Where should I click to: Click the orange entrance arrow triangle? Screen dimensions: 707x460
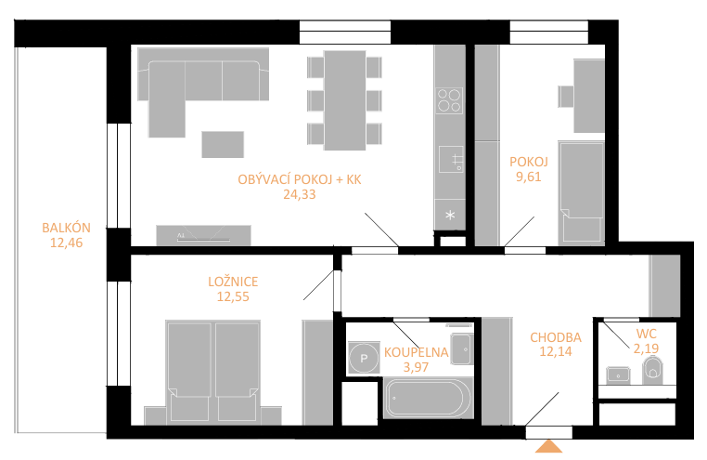(x=548, y=446)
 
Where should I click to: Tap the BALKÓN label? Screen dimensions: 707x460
(x=66, y=228)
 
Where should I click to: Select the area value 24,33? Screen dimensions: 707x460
(x=300, y=194)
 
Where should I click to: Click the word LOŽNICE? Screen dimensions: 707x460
(x=233, y=282)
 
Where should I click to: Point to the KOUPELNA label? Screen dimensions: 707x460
(x=416, y=352)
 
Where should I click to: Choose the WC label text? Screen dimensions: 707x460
(x=646, y=334)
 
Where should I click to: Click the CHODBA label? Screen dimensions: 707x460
(x=556, y=337)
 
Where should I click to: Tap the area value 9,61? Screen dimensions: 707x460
(x=529, y=177)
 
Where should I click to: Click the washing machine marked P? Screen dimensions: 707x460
(x=365, y=358)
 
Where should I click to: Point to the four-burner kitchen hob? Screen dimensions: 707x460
(x=450, y=100)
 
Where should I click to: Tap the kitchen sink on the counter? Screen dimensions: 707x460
(x=451, y=159)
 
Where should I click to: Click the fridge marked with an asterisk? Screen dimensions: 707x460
(x=450, y=215)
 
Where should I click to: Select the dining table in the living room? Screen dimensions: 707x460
(x=345, y=100)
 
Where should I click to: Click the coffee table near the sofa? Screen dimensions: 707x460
(x=223, y=144)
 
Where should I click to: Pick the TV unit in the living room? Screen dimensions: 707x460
(x=203, y=236)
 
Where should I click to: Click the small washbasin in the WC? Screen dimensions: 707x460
(x=618, y=375)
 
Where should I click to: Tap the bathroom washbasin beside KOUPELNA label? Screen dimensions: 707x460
(x=461, y=349)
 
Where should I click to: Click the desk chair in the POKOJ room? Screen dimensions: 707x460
(x=565, y=96)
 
